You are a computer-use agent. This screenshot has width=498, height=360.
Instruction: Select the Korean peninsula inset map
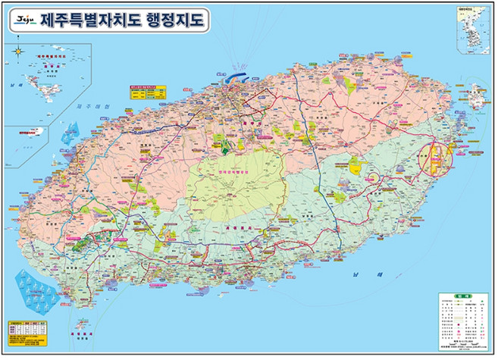[x=474, y=31]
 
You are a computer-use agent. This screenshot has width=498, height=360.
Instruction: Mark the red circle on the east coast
[x=439, y=156]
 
